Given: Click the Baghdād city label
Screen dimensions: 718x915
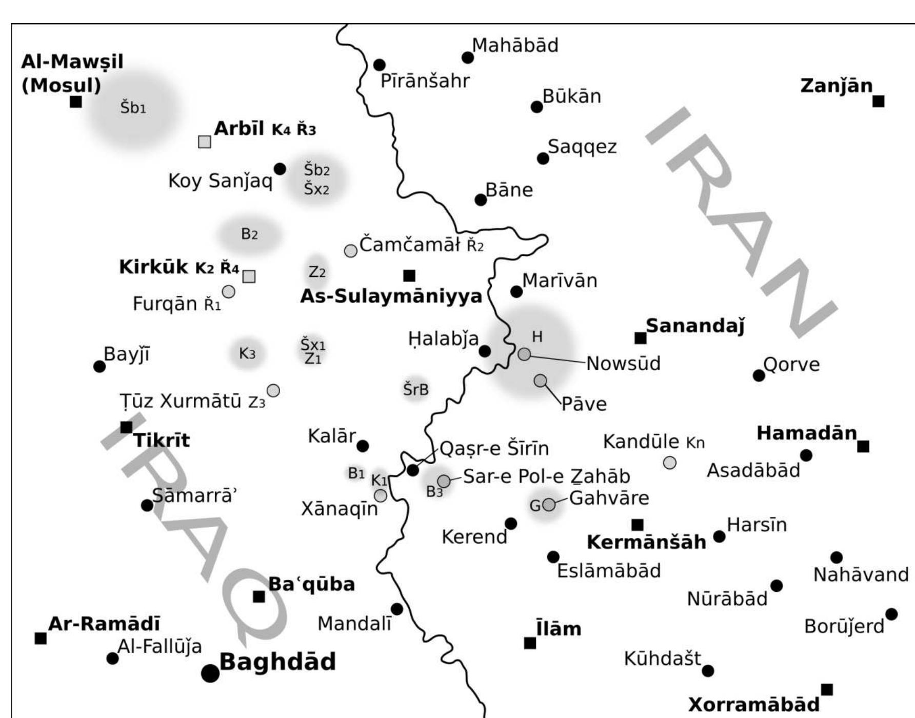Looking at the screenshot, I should (x=277, y=662).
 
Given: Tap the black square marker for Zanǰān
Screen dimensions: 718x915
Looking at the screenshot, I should (x=878, y=102).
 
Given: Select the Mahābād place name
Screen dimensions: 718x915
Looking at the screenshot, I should (x=515, y=45).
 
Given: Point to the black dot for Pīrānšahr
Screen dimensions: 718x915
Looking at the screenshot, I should (x=380, y=65).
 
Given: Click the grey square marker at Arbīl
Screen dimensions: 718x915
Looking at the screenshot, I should (x=205, y=142).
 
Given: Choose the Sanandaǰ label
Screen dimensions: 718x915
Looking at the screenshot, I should (x=695, y=326).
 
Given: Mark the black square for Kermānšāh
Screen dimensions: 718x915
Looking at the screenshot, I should (x=637, y=525).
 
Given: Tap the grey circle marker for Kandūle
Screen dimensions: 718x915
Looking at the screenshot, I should (x=670, y=463).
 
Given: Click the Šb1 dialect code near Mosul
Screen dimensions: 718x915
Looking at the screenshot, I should (x=133, y=108).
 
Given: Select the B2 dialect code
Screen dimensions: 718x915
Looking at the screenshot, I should (x=249, y=234).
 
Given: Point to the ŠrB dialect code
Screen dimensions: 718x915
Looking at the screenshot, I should (x=415, y=390).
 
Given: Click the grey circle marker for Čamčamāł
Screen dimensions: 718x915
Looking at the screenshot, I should (x=350, y=251).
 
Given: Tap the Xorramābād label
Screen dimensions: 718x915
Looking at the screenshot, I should (x=753, y=704).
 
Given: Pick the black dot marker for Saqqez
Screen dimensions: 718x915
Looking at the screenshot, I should (x=543, y=158).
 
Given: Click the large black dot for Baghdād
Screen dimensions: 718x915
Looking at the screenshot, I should (x=210, y=673).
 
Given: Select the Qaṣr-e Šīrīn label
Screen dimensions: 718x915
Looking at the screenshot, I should (x=494, y=449).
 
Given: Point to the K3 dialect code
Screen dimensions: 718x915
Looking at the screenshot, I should (x=247, y=353).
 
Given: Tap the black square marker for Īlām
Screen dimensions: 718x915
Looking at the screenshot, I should (x=530, y=643).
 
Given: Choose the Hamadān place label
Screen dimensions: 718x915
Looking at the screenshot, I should (x=807, y=433).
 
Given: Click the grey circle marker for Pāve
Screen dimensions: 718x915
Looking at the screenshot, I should (x=540, y=381).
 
